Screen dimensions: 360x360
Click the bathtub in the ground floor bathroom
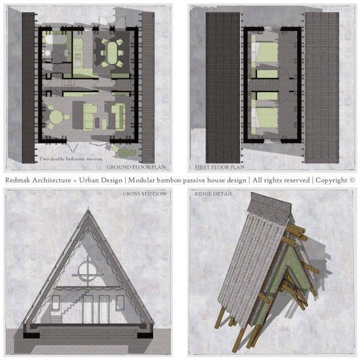tap(52, 40)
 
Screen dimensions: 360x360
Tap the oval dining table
tap(112, 53)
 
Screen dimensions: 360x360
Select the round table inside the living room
tap(56, 117)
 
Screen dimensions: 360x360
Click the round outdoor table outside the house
tap(124, 152)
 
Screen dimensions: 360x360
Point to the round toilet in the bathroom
tap(48, 53)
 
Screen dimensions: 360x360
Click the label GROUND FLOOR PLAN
tap(136, 167)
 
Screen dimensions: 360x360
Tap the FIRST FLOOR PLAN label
tap(220, 167)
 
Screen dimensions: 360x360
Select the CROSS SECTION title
tap(144, 194)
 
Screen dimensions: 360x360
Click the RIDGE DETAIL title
tap(214, 194)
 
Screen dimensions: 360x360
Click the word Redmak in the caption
tap(18, 180)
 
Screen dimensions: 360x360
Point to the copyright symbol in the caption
tap(352, 180)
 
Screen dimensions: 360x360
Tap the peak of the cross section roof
tap(88, 208)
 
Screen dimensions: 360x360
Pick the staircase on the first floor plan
tap(264, 85)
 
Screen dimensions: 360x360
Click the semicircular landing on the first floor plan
tap(284, 85)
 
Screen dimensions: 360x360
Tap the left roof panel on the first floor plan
tap(223, 88)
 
